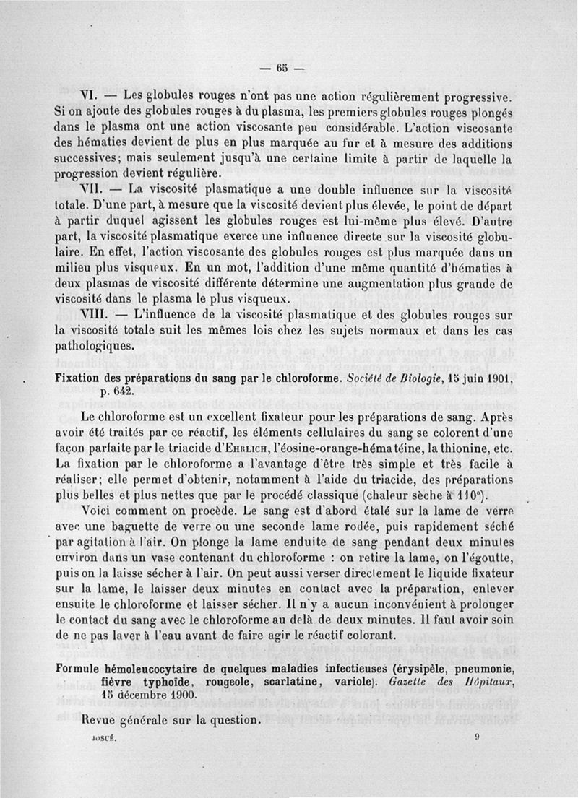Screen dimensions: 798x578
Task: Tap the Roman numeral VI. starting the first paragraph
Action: (x=98, y=94)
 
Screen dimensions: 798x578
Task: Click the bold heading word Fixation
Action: (x=77, y=378)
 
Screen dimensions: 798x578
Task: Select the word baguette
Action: (x=158, y=526)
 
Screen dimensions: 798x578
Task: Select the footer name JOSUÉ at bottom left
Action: (x=100, y=738)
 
